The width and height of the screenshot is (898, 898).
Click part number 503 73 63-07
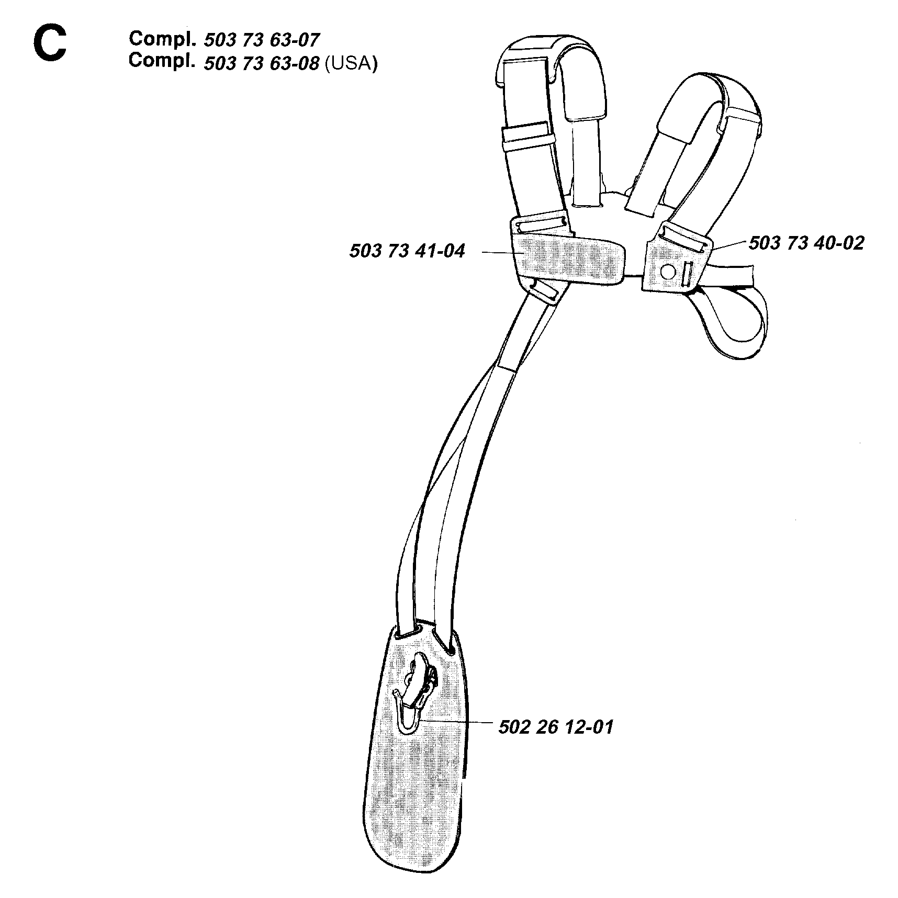261,39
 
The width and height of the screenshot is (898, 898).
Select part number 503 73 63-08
261,63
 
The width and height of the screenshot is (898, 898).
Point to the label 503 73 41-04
407,251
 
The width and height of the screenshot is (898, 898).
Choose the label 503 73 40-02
806,243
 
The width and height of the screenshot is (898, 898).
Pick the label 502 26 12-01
556,727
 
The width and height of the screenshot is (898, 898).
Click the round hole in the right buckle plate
667,271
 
